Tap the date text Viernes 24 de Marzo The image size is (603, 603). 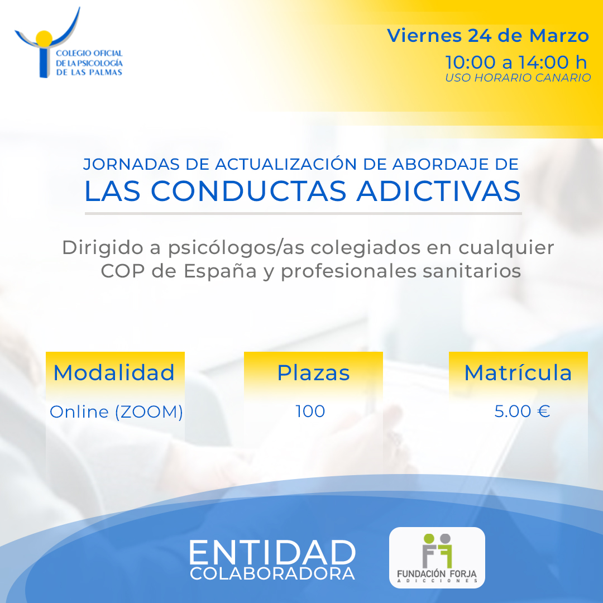click(x=487, y=36)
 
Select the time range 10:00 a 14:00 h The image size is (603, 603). click(x=516, y=62)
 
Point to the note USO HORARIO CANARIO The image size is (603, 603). click(x=518, y=78)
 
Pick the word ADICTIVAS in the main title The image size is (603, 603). click(x=438, y=191)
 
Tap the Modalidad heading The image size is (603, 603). click(x=114, y=372)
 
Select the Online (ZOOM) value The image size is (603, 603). click(x=116, y=412)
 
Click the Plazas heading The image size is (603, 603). click(x=313, y=372)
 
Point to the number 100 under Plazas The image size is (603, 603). click(x=310, y=411)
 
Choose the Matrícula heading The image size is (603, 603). click(x=518, y=372)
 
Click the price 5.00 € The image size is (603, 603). click(x=522, y=411)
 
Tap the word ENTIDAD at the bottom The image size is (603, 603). click(x=272, y=553)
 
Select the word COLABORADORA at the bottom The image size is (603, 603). click(x=272, y=573)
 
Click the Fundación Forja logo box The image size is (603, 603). click(x=437, y=558)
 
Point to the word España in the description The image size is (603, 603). click(x=220, y=271)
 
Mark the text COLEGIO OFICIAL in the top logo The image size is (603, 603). click(x=89, y=53)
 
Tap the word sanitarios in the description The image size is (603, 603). click(x=472, y=271)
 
